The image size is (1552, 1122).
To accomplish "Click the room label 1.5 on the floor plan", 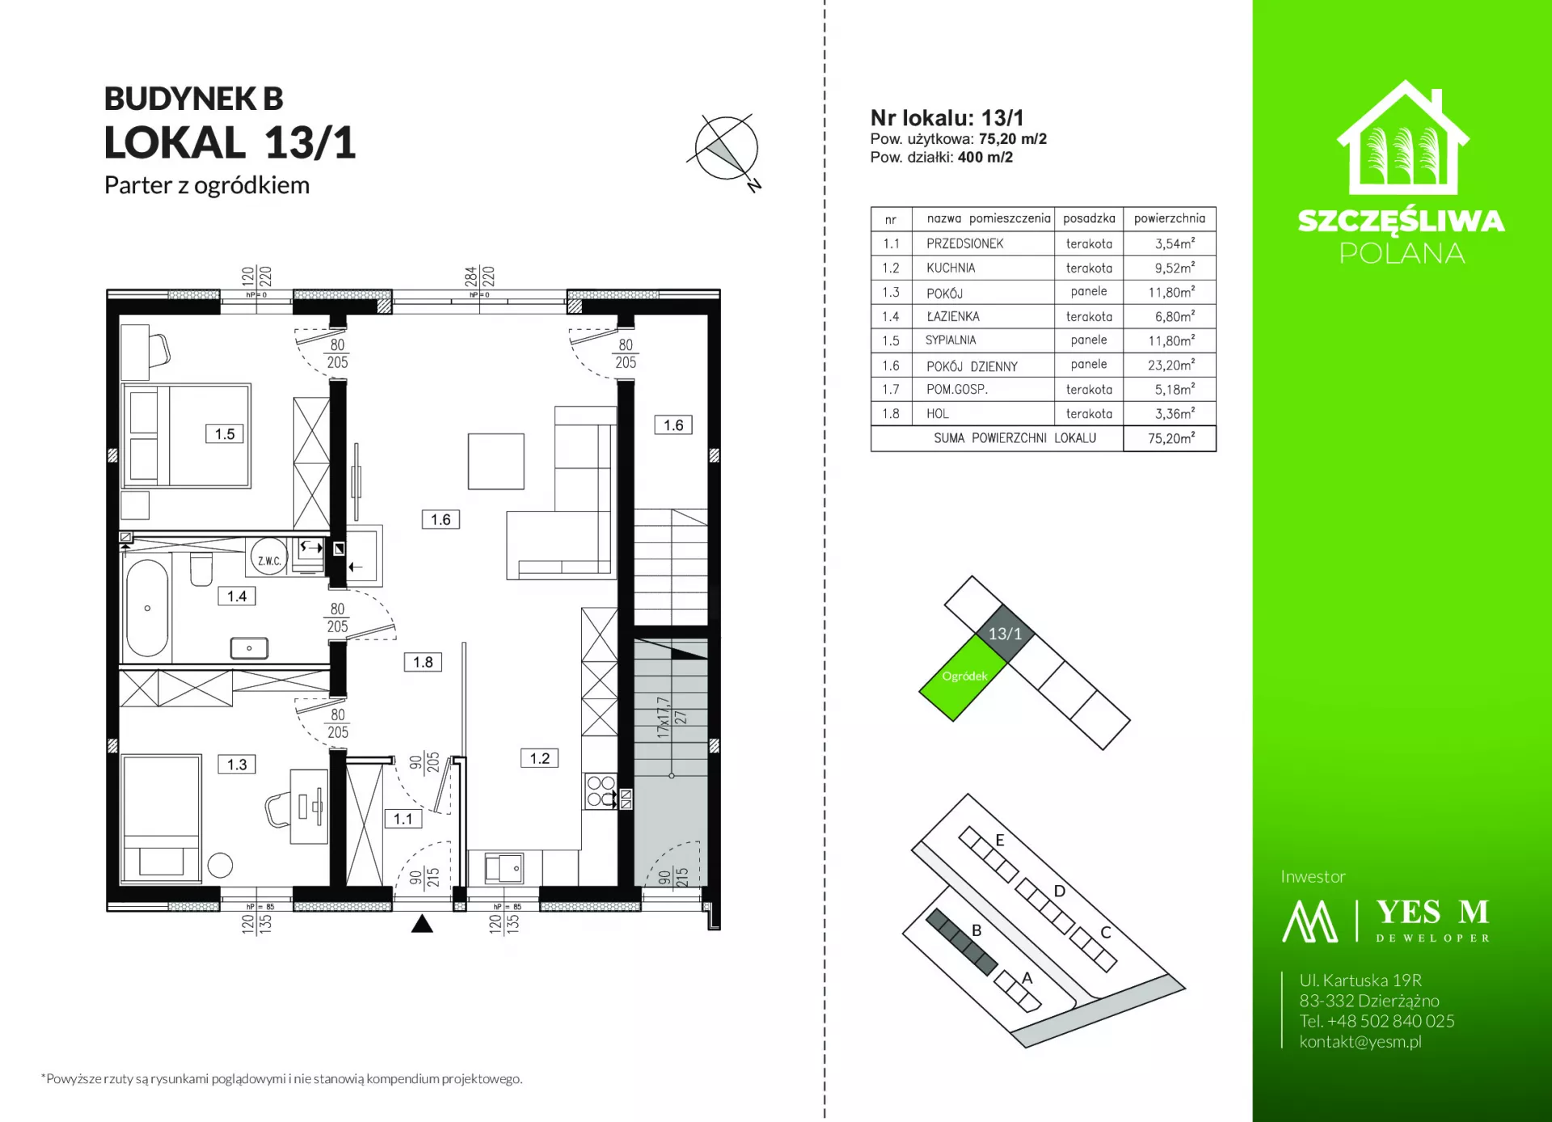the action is (x=225, y=434).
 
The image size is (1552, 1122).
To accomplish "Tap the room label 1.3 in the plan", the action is (x=237, y=765).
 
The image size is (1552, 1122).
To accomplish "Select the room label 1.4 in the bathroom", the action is (x=237, y=597).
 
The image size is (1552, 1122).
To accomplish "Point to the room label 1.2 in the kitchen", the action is (x=540, y=758).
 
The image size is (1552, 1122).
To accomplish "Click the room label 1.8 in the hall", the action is (x=423, y=662).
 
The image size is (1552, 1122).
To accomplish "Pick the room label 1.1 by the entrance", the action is (x=403, y=819).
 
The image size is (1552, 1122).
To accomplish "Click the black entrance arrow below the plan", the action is (x=422, y=924).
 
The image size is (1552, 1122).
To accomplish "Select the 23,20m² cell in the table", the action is (x=1170, y=365).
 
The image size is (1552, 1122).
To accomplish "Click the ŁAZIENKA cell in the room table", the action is (x=953, y=317).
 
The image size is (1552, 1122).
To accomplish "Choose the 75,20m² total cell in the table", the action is (x=1170, y=438).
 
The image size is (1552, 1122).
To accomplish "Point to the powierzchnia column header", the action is (x=1170, y=218).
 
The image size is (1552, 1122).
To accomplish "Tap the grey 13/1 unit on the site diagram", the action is (x=1005, y=633).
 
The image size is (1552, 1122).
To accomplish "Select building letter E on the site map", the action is (x=1000, y=840).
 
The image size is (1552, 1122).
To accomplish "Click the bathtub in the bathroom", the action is (x=147, y=608).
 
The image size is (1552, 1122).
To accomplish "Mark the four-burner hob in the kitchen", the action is (x=601, y=791).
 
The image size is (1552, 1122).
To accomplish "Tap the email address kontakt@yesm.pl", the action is (x=1360, y=1041).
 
